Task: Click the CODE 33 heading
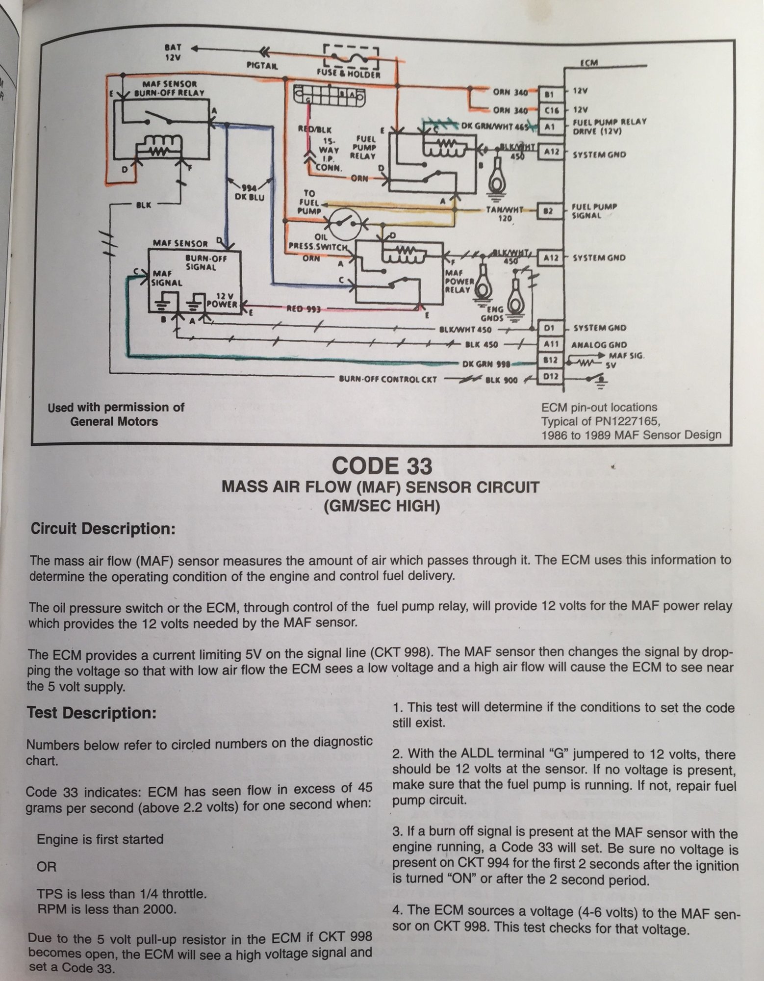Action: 382,465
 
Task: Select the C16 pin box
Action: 549,110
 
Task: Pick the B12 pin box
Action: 550,361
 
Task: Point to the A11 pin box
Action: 550,344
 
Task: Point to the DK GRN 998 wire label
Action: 486,364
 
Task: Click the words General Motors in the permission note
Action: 114,421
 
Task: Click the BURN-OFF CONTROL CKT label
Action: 387,379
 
